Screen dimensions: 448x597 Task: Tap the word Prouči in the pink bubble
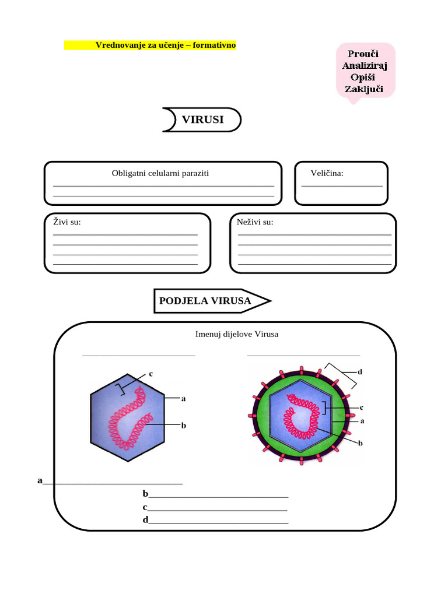365,54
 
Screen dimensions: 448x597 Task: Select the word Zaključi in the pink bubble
364,89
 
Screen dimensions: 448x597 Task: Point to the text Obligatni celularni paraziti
160,173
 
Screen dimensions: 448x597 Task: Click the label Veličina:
327,173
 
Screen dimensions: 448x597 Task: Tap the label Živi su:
67,222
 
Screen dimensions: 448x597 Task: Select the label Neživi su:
255,222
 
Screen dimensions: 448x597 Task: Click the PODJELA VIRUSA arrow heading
205,301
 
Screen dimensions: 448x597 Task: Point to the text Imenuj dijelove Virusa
237,334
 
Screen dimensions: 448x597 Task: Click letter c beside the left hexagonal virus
150,374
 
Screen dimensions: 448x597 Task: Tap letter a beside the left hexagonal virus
183,399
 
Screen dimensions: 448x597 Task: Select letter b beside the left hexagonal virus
183,426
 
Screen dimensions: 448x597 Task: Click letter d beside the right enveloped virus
360,371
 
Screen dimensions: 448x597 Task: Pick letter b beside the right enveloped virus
360,443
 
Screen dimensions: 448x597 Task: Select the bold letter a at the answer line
40,480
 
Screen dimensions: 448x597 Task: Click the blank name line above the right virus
303,354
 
